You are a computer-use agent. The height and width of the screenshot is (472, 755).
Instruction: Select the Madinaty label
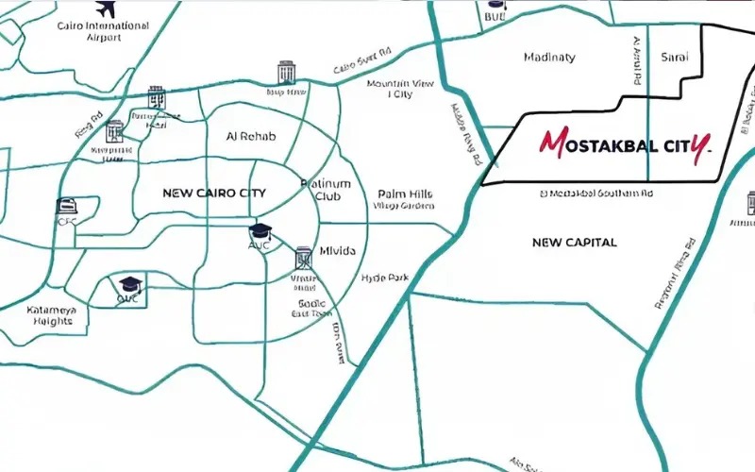[x=548, y=58]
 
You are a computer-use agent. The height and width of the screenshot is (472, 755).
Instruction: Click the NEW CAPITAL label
[x=574, y=243]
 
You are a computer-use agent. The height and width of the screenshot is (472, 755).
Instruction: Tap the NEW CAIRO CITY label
[x=214, y=194]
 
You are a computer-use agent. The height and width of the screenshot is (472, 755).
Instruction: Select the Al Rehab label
[x=251, y=137]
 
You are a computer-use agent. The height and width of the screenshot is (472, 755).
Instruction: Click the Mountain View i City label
[x=400, y=89]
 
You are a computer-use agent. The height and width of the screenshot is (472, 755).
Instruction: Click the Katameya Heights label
[x=51, y=315]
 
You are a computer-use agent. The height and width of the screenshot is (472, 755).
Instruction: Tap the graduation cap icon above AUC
[x=259, y=231]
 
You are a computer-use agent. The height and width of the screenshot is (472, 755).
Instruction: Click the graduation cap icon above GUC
[x=128, y=282]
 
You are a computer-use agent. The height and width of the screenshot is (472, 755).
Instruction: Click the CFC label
[x=66, y=223]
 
